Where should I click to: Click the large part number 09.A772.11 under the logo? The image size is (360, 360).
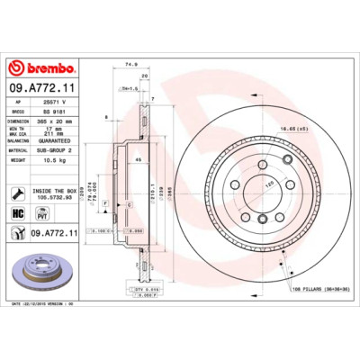[x=40, y=87]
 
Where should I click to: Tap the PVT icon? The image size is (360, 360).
[x=40, y=213]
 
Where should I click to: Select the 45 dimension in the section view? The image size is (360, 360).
[x=139, y=160]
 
